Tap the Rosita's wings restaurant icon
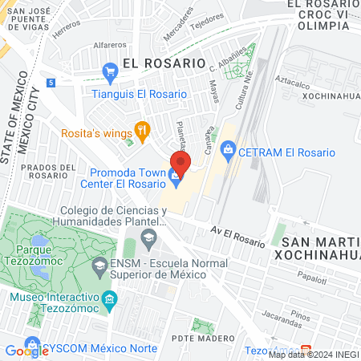(x=142, y=128)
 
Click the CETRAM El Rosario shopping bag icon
(x=229, y=149)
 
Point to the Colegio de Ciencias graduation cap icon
(x=148, y=237)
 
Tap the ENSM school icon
(x=99, y=265)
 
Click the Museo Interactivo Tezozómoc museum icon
(x=110, y=301)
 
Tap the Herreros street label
(x=67, y=32)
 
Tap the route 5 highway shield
(x=51, y=83)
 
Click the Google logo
(x=26, y=350)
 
